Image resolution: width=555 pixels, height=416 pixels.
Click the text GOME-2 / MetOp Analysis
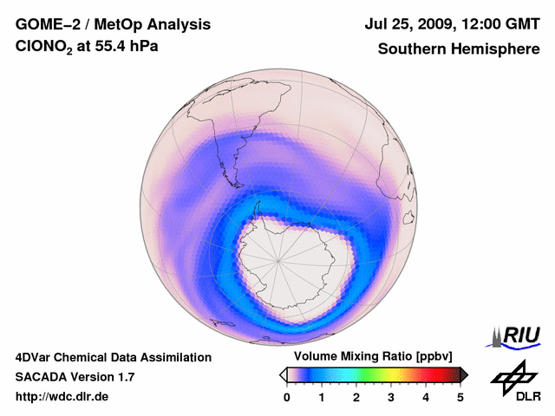click(113, 24)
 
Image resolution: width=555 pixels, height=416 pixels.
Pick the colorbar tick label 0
click(287, 397)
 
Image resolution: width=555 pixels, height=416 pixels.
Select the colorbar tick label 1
click(322, 397)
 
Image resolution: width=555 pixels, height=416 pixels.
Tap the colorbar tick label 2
click(356, 397)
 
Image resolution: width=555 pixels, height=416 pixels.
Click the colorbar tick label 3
click(391, 397)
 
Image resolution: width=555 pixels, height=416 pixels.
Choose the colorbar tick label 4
click(426, 397)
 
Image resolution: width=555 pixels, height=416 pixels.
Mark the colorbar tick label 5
click(460, 397)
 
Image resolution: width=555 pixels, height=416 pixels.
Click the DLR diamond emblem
click(513, 375)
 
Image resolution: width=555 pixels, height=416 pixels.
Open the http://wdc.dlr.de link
click(62, 397)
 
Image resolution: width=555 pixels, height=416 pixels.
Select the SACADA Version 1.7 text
click(75, 377)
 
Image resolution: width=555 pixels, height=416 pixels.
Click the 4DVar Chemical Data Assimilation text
click(113, 357)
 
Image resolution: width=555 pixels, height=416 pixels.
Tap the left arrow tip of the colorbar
click(283, 374)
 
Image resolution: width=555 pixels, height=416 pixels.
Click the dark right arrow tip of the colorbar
click(465, 374)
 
